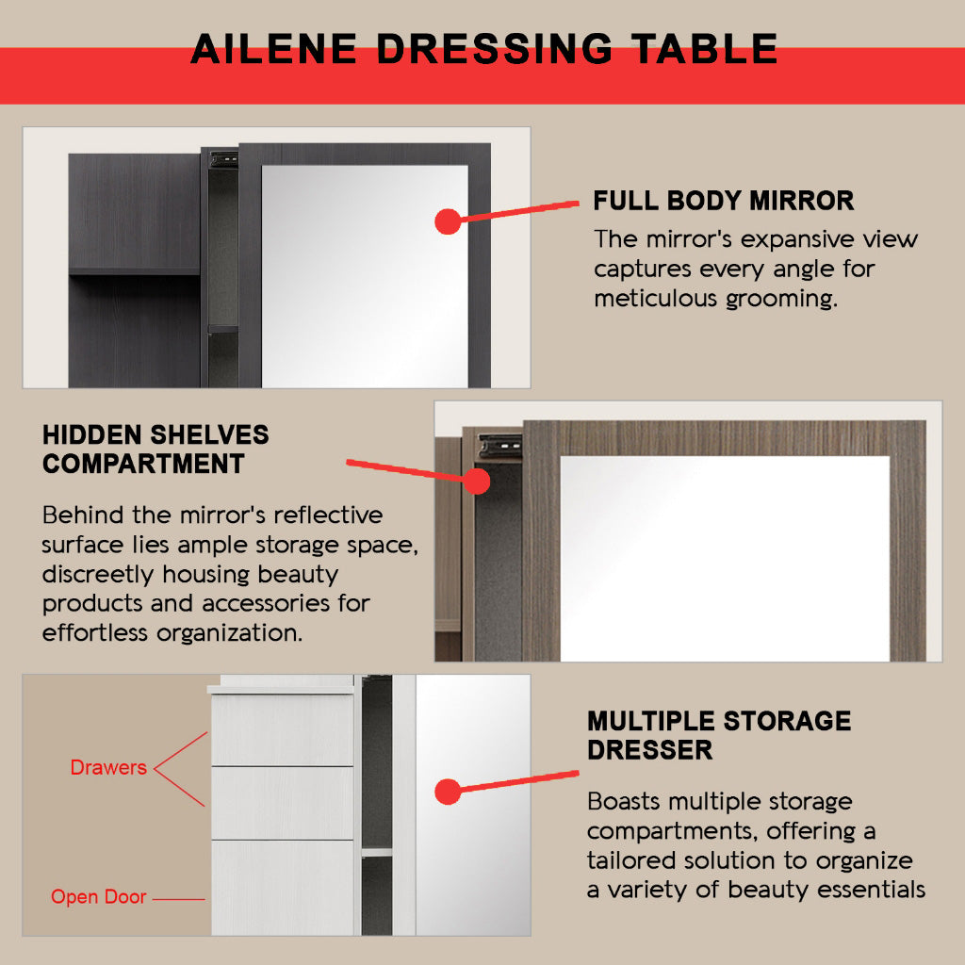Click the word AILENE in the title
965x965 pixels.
tap(274, 49)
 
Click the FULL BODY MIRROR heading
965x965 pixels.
tap(723, 201)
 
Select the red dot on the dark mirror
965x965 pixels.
tap(448, 221)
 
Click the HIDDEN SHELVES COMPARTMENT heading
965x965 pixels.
tap(155, 450)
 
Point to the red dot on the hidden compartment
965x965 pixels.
tap(477, 482)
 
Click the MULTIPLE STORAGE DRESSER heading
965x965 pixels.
tap(719, 735)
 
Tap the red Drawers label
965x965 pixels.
tap(108, 767)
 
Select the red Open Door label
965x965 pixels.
tap(98, 897)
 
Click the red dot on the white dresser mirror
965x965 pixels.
tap(448, 792)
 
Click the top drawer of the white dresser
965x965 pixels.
tap(283, 730)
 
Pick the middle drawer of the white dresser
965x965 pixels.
tap(283, 803)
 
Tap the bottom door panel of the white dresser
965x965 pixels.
tap(283, 888)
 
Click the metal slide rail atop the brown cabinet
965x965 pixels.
tap(499, 446)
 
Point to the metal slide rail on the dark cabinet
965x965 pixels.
tap(223, 160)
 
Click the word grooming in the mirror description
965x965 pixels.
tap(781, 300)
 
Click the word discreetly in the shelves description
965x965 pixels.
tap(98, 575)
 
